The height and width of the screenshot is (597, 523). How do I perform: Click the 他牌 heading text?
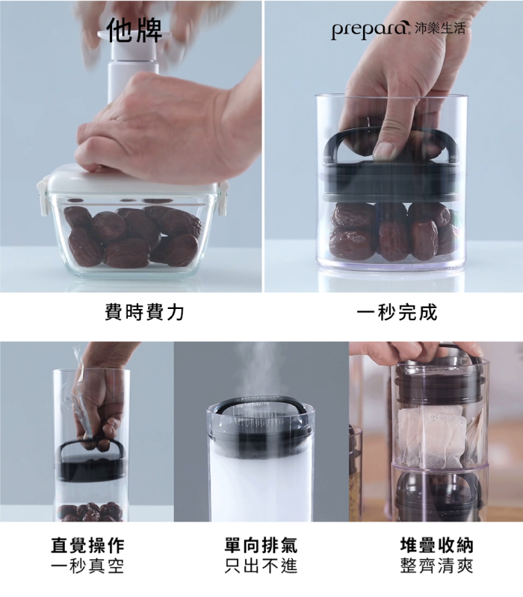(x=134, y=30)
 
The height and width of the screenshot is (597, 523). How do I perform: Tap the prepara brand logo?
(x=368, y=29)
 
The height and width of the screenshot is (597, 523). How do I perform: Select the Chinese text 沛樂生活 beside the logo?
(x=439, y=28)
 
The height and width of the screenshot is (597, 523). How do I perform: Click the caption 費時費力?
(x=144, y=313)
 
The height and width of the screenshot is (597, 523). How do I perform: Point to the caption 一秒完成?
(x=397, y=313)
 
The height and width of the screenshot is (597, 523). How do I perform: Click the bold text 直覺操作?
(x=87, y=546)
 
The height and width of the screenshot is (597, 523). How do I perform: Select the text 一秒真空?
(x=87, y=566)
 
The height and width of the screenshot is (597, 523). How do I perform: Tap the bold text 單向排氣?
(x=261, y=546)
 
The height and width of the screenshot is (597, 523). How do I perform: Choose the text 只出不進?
(x=261, y=566)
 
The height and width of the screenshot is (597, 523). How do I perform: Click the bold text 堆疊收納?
(x=437, y=546)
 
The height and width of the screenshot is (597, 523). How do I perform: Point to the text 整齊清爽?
(x=437, y=566)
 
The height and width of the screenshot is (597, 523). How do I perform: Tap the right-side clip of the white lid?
(x=223, y=193)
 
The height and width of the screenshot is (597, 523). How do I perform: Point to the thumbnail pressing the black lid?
(x=383, y=151)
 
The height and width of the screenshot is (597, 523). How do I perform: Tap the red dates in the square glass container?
(x=132, y=236)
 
